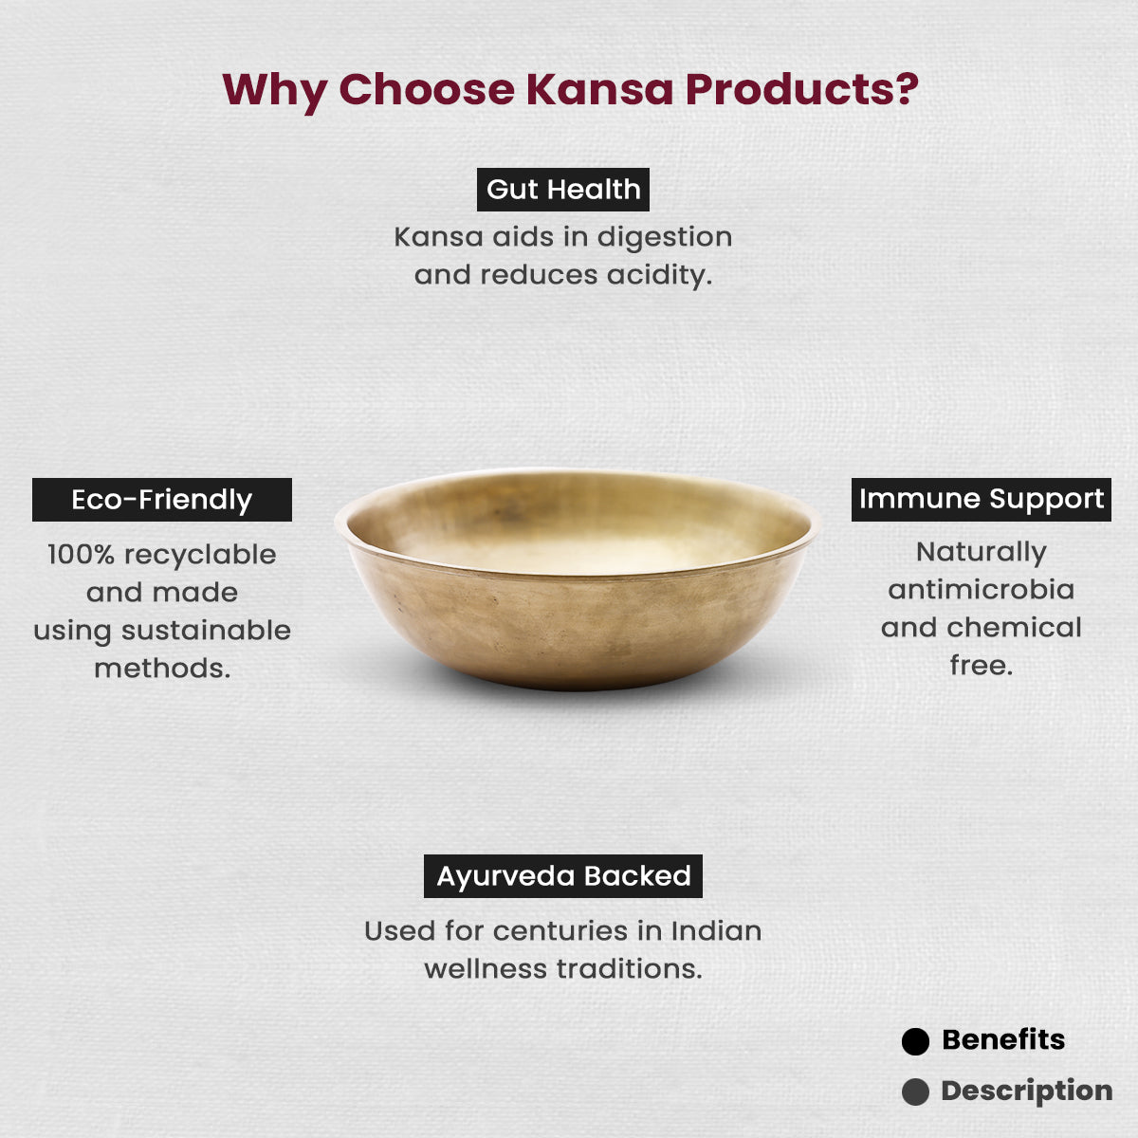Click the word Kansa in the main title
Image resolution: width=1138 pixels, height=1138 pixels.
pyautogui.click(x=599, y=89)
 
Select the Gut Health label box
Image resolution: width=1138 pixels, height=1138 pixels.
pyautogui.click(x=562, y=190)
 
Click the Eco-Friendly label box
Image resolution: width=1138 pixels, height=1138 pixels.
pyautogui.click(x=162, y=500)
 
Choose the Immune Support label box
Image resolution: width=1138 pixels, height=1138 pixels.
pyautogui.click(x=981, y=500)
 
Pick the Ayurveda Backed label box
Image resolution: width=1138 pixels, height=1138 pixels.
pyautogui.click(x=562, y=876)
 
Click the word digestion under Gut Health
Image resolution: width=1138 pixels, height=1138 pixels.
pyautogui.click(x=665, y=238)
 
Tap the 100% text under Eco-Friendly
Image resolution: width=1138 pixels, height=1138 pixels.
pyautogui.click(x=81, y=555)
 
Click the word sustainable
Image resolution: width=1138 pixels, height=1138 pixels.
pyautogui.click(x=206, y=631)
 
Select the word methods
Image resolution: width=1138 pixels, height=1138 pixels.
pyautogui.click(x=162, y=669)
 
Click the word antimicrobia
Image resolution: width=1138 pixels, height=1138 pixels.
pyautogui.click(x=981, y=589)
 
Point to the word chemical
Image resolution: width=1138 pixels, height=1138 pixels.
pyautogui.click(x=1014, y=627)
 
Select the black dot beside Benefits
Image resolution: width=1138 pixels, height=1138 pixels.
pyautogui.click(x=915, y=1041)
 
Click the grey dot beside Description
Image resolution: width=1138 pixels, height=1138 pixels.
pyautogui.click(x=915, y=1092)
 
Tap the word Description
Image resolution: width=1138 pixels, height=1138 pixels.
pyautogui.click(x=1026, y=1092)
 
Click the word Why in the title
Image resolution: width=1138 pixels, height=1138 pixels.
pyautogui.click(x=275, y=91)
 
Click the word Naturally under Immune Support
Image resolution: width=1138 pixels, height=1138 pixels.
pyautogui.click(x=981, y=553)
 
